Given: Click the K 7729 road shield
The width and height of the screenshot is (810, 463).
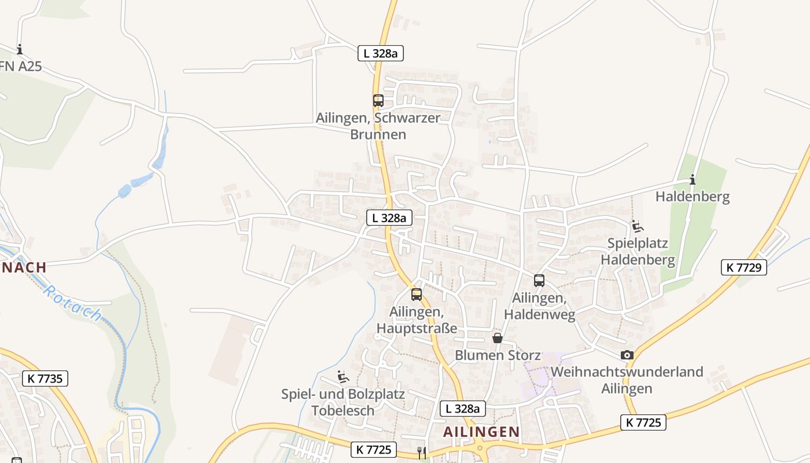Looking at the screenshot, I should click(x=743, y=267).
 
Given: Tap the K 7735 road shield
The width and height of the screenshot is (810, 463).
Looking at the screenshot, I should click(x=45, y=379).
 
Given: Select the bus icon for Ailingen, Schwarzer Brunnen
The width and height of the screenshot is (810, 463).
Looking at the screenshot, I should click(x=378, y=100).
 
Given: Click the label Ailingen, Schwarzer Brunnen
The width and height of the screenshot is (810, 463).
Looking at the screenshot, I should click(x=378, y=126).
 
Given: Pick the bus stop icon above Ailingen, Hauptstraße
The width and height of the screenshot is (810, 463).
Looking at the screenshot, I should click(x=416, y=294).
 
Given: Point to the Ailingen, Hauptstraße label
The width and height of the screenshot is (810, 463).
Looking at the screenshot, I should click(x=417, y=320).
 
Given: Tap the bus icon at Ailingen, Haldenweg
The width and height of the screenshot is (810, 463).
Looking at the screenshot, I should click(x=539, y=281).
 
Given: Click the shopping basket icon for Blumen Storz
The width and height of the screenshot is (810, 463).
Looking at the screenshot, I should click(x=498, y=338).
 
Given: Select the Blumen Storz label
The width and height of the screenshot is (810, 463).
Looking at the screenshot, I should click(x=498, y=355).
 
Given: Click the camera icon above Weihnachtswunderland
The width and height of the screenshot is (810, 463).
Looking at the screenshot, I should click(x=627, y=355).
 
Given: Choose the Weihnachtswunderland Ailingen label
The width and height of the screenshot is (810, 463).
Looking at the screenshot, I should click(x=627, y=380).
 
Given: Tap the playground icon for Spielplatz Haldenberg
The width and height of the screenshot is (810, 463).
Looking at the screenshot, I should click(x=637, y=226).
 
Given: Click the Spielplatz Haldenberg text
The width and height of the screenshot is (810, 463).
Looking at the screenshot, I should click(x=638, y=251).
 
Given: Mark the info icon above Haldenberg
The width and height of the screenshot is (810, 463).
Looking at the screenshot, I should click(x=692, y=179).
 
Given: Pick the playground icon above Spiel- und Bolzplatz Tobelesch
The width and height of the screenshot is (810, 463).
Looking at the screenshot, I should click(x=343, y=377).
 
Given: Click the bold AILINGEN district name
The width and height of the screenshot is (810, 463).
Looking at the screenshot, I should click(x=481, y=432).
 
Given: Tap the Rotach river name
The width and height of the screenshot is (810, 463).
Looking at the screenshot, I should click(x=73, y=303).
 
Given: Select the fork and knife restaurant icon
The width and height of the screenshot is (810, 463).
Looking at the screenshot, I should click(x=422, y=453).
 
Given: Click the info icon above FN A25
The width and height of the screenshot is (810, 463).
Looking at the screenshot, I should click(x=20, y=49).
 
